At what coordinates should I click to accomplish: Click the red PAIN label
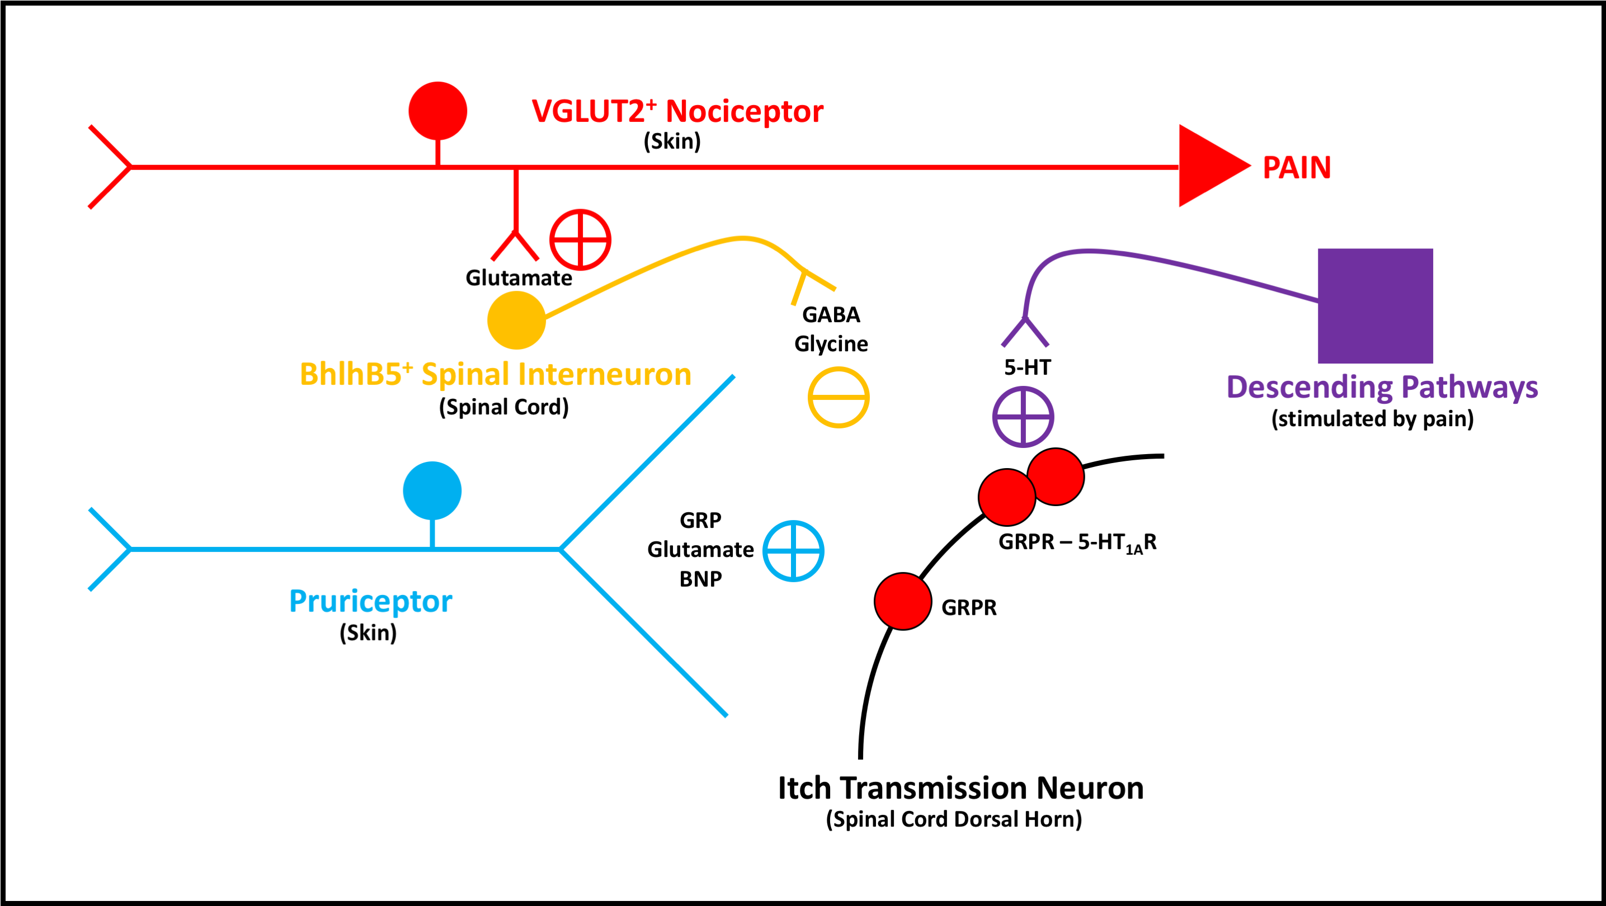tap(1296, 168)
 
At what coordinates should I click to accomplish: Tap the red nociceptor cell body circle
tap(437, 111)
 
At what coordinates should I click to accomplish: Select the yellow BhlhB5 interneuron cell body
tap(516, 320)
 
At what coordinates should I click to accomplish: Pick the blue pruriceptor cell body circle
tap(432, 490)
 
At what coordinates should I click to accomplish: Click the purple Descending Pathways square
tap(1375, 305)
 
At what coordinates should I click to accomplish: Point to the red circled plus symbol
tap(580, 239)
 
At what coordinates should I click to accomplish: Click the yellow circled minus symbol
tap(839, 398)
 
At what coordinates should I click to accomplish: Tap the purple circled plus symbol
tap(1023, 417)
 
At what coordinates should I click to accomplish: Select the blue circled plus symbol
tap(794, 551)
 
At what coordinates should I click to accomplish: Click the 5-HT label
tap(1028, 367)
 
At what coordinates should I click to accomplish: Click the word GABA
tap(831, 315)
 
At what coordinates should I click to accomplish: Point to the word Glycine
tap(831, 344)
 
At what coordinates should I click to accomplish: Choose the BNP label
tap(701, 579)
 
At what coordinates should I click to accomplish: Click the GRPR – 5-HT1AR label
tap(1077, 542)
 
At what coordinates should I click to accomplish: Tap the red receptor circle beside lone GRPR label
tap(903, 601)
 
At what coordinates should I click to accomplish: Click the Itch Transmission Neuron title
tap(960, 788)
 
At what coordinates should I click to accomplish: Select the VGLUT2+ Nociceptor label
tap(677, 111)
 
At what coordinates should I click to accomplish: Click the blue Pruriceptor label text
tap(371, 601)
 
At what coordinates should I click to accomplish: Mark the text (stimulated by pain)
tap(1372, 419)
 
